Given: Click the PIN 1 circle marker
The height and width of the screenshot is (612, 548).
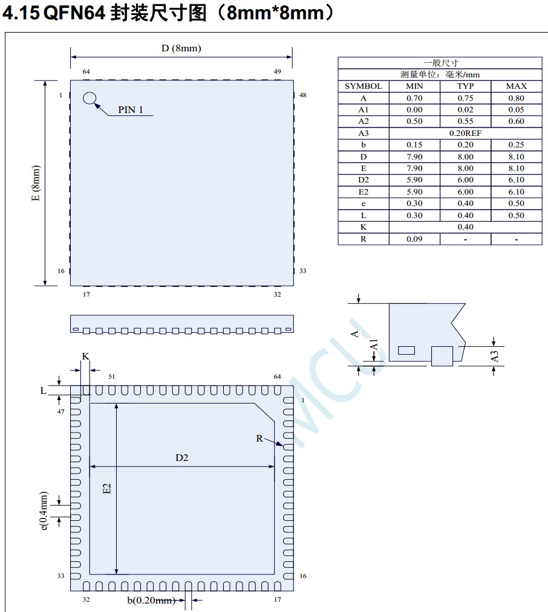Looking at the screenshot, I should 90,98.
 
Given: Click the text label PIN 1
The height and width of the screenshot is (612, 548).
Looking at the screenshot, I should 131,110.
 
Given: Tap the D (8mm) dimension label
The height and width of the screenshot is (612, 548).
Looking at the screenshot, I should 181,48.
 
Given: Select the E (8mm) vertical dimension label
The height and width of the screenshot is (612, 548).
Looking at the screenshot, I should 36,183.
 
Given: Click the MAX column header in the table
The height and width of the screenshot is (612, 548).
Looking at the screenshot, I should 516,86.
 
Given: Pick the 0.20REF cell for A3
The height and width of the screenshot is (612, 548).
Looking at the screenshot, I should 465,133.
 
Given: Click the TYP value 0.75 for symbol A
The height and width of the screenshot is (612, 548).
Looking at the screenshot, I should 465,98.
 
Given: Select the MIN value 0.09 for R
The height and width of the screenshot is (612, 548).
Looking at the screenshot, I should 414,239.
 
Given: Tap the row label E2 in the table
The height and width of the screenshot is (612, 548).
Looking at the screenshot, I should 363,192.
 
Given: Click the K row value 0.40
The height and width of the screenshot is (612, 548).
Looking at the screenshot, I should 465,227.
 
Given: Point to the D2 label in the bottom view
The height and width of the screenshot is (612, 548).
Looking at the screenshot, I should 182,458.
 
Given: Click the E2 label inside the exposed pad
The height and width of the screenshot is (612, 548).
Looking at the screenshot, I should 107,489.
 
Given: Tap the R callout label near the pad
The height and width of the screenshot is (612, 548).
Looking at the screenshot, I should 259,439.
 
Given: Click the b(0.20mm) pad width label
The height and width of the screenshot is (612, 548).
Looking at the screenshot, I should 151,601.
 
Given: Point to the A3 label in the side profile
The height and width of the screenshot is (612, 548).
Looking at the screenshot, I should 495,356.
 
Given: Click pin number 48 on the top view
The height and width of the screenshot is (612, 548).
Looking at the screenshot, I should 302,95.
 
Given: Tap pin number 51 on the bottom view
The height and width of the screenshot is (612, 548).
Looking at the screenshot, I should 111,376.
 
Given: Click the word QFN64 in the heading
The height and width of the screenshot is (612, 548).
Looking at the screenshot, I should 76,13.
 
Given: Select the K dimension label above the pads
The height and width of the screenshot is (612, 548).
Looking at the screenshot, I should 85,356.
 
